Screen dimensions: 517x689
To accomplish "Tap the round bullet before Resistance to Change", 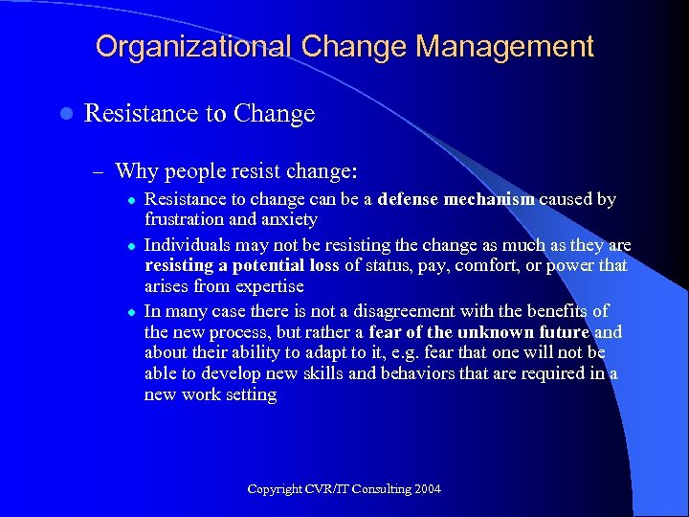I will (64, 114).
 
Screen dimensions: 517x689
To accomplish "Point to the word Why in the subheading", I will (136, 172).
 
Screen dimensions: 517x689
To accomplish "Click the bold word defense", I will (410, 200).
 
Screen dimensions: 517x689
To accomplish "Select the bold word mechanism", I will (490, 200).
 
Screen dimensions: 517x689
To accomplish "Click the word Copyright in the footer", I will (274, 489).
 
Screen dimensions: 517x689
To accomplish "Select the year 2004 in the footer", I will (428, 489).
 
